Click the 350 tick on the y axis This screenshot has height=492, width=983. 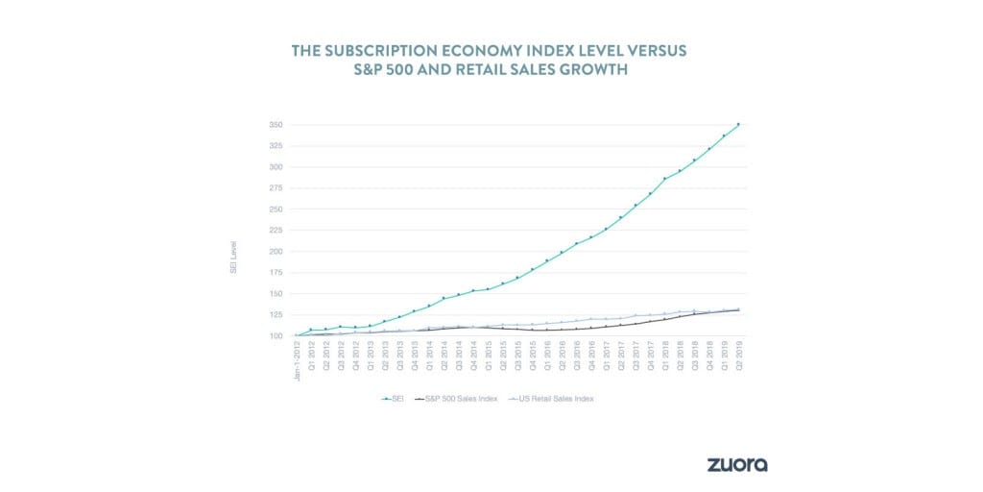click(276, 125)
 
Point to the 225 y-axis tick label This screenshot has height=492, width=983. click(276, 231)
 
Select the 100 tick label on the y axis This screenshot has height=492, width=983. click(276, 336)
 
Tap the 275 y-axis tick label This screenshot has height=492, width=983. click(276, 188)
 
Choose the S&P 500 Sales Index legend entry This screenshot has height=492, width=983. click(457, 398)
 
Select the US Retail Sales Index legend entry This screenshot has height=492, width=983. click(550, 398)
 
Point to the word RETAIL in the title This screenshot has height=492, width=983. click(525, 73)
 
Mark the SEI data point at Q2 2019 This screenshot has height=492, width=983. click(738, 124)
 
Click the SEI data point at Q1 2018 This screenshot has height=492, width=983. click(664, 179)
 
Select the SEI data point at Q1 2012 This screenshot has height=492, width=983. click(311, 330)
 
